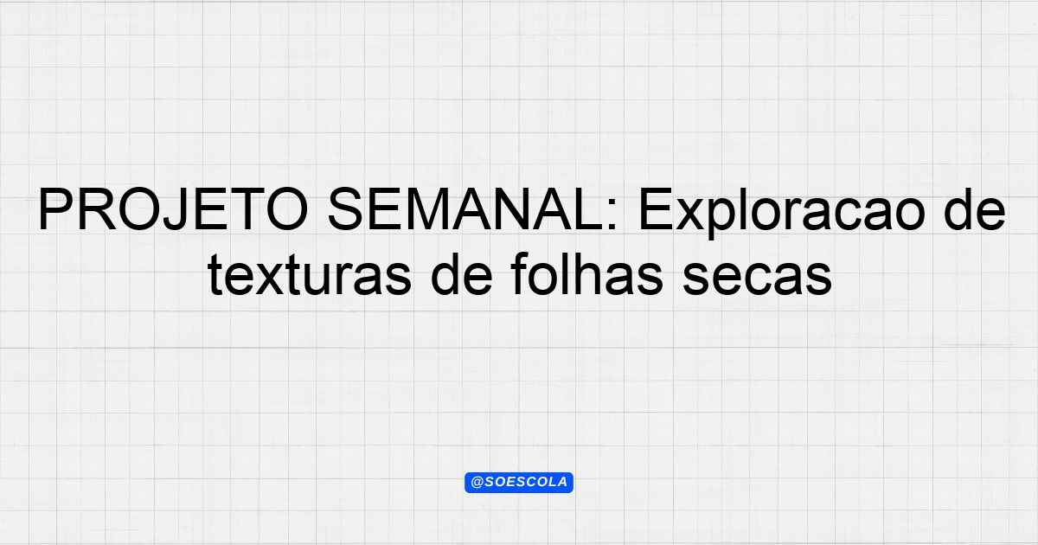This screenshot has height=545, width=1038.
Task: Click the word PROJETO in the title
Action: (174, 209)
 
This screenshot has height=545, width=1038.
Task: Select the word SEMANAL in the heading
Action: (466, 209)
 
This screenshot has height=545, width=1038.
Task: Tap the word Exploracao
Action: (782, 213)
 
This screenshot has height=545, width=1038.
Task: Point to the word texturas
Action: (310, 274)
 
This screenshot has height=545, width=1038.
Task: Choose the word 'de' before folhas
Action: (461, 274)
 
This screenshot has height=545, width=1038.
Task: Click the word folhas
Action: (587, 274)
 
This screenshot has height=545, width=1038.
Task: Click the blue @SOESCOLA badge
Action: (519, 483)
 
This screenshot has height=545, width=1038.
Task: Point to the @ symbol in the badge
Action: (477, 483)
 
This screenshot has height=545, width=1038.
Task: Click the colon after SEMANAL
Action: (612, 215)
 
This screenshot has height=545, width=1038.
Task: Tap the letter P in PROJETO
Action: (57, 209)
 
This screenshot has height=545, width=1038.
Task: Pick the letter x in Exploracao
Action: (692, 215)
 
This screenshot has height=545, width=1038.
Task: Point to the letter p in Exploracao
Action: (727, 219)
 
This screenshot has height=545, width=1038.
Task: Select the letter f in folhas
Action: (522, 274)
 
